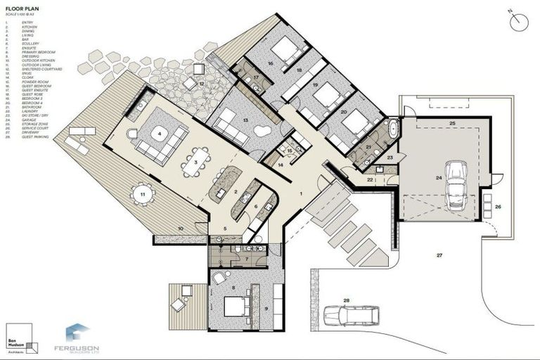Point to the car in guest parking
[351, 315]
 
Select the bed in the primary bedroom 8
[233, 307]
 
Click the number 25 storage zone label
[452, 124]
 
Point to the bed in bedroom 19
[326, 94]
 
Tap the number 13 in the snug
[245, 120]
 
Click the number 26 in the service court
[498, 207]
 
